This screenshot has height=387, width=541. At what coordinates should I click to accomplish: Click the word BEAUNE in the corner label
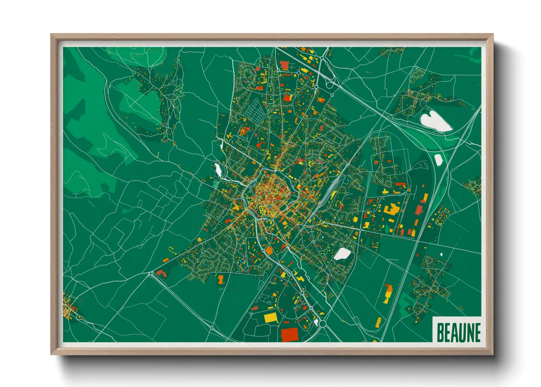pos(458,332)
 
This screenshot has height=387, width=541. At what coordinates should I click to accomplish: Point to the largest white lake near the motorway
pos(435,121)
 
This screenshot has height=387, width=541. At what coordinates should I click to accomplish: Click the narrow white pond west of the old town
pos(218,169)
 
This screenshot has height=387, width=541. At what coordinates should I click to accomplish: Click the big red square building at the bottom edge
pos(290,334)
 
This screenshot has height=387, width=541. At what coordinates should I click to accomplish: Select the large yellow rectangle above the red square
pos(271,317)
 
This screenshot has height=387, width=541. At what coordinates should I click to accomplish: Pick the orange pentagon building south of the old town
pos(269,251)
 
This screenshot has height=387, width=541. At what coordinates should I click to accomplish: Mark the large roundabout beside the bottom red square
pos(322,324)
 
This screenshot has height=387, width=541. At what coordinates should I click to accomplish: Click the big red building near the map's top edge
pos(284,65)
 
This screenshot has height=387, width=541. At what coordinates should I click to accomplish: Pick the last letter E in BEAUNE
pos(476,332)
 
